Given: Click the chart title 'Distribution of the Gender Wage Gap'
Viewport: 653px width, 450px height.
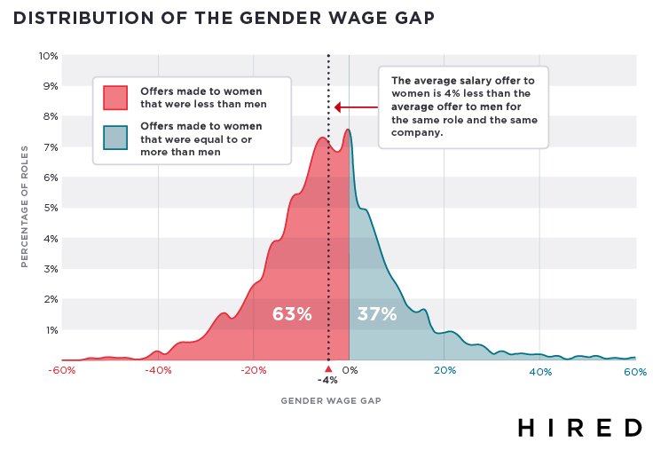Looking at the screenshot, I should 224,18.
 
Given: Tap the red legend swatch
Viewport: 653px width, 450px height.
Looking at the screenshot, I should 115,97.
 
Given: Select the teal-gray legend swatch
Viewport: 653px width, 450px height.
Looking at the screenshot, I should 115,138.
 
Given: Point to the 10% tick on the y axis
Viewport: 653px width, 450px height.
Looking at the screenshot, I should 49,56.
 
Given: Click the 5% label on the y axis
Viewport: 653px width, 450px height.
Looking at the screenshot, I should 51,208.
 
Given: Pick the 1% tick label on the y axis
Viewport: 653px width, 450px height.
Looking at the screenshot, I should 51,329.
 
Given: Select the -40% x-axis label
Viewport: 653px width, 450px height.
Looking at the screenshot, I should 158,371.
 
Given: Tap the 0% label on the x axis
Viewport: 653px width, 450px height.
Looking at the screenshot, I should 350,371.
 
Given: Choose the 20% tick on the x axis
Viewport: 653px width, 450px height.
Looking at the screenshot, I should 445,371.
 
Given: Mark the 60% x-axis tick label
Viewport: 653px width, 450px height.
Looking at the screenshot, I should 634,372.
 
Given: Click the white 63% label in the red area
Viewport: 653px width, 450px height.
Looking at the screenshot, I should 292,314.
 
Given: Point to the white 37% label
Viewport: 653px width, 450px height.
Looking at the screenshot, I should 376,314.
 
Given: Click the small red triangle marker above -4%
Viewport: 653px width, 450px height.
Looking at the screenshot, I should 328,368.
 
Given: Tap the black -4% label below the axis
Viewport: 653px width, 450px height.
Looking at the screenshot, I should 328,381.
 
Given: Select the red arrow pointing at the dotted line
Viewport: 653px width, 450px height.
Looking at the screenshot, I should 356,108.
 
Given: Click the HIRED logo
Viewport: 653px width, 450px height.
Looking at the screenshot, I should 579,427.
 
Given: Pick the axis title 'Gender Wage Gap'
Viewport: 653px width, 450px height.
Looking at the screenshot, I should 331,400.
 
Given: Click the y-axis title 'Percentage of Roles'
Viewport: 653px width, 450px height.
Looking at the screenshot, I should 25,208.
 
